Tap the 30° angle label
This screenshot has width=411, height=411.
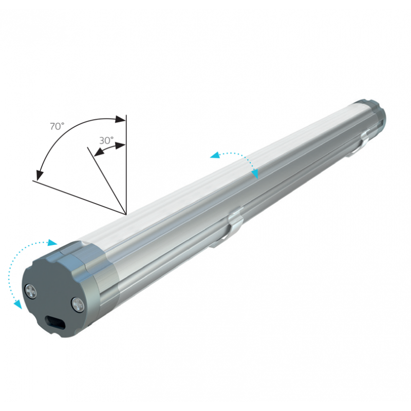[106, 140]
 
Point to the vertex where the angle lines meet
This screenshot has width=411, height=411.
[126, 213]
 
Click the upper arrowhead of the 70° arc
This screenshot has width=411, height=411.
[120, 120]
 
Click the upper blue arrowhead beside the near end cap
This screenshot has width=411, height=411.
[53, 242]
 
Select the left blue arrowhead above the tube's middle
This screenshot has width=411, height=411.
[214, 154]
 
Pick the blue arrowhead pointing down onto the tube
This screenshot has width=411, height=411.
[255, 175]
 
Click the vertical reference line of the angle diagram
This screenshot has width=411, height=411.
[126, 164]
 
